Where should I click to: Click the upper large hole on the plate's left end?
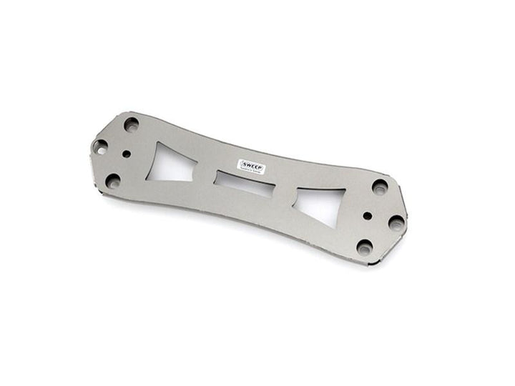click(131, 124)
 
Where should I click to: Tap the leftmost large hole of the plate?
click(100, 146)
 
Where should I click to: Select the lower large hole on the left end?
click(113, 180)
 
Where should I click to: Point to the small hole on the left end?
click(127, 153)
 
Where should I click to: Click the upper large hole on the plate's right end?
click(380, 187)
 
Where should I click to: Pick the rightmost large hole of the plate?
click(396, 223)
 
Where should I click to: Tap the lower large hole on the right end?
click(364, 247)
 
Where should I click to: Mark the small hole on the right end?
click(368, 215)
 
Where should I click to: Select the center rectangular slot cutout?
click(245, 184)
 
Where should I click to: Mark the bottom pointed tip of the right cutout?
click(333, 227)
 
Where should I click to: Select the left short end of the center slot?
click(217, 178)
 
